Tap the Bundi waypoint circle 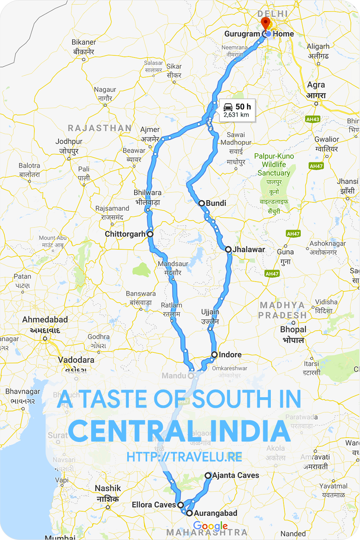pos(202,203)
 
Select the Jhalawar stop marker pos(228,250)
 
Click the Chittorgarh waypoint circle pos(150,234)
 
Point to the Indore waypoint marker pos(214,354)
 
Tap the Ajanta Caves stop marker pos(208,476)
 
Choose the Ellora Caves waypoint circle pos(181,505)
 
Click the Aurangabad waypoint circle pos(189,513)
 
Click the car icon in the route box pos(228,107)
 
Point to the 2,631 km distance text pos(236,115)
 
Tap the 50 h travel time pos(243,107)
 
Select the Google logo pos(210,526)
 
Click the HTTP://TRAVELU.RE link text pos(184,457)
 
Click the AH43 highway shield pos(312,119)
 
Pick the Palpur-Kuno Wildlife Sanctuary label pos(274,164)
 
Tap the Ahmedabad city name pos(45,320)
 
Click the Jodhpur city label pos(69,142)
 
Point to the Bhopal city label pos(293,330)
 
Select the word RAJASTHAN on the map pos(100,128)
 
